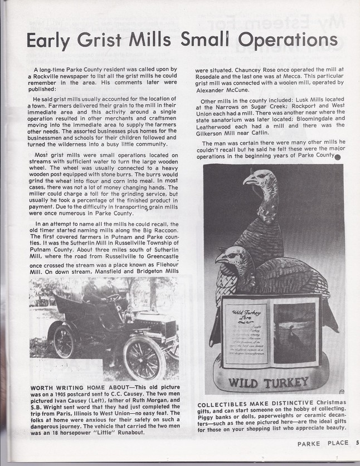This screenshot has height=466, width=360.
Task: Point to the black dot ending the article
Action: click(338, 157)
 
